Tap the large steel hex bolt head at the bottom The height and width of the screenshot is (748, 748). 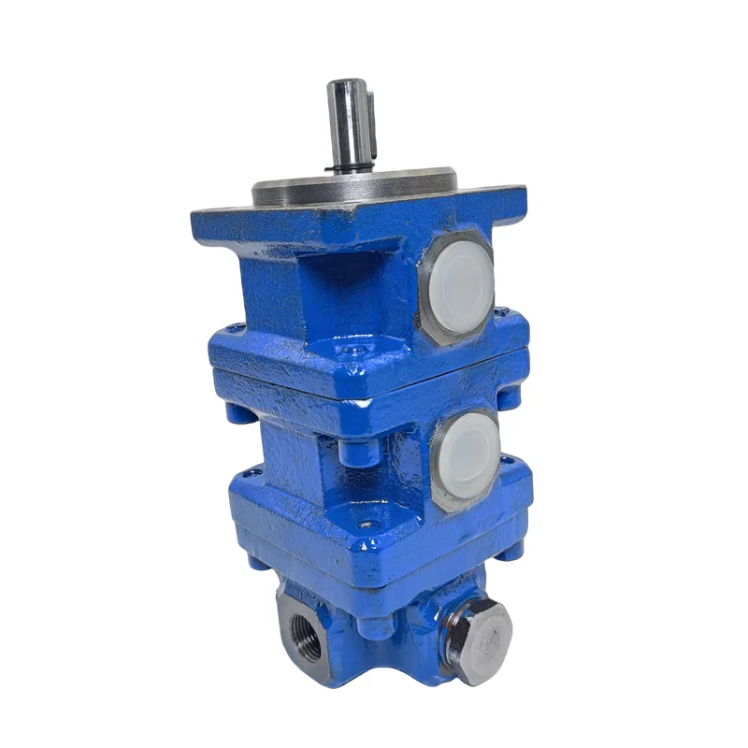pos(478,639)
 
